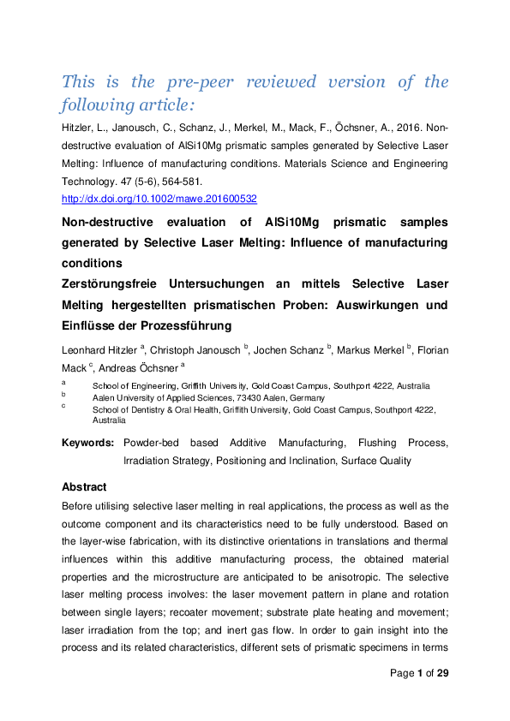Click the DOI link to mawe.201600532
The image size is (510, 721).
159,198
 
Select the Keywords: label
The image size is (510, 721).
87,443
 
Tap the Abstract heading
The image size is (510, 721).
84,486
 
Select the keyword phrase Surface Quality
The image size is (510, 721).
376,460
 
